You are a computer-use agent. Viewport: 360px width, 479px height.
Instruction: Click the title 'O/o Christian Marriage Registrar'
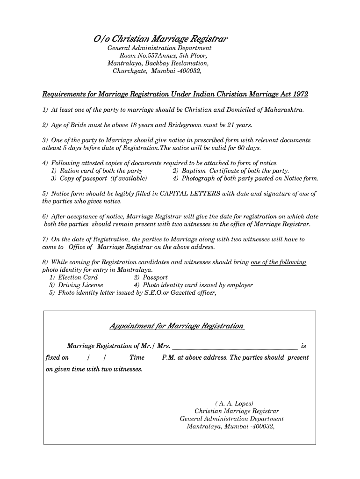[x=160, y=38]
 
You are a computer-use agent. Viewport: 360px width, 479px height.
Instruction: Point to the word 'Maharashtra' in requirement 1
[x=281, y=110]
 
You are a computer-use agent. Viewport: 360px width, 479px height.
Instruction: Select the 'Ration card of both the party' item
[x=97, y=171]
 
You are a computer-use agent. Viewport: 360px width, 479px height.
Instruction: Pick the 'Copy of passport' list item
[x=100, y=178]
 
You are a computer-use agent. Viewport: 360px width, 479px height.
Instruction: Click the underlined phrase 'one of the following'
[x=279, y=262]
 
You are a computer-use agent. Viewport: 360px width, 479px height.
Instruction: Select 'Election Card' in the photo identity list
[x=78, y=277]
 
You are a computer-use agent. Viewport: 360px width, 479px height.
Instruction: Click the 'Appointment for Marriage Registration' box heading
[x=176, y=326]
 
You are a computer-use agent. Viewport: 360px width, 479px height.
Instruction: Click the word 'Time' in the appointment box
[x=137, y=358]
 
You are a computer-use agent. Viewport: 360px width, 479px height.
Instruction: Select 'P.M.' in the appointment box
[x=169, y=358]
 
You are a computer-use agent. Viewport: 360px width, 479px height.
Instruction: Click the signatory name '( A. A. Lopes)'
[x=235, y=403]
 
